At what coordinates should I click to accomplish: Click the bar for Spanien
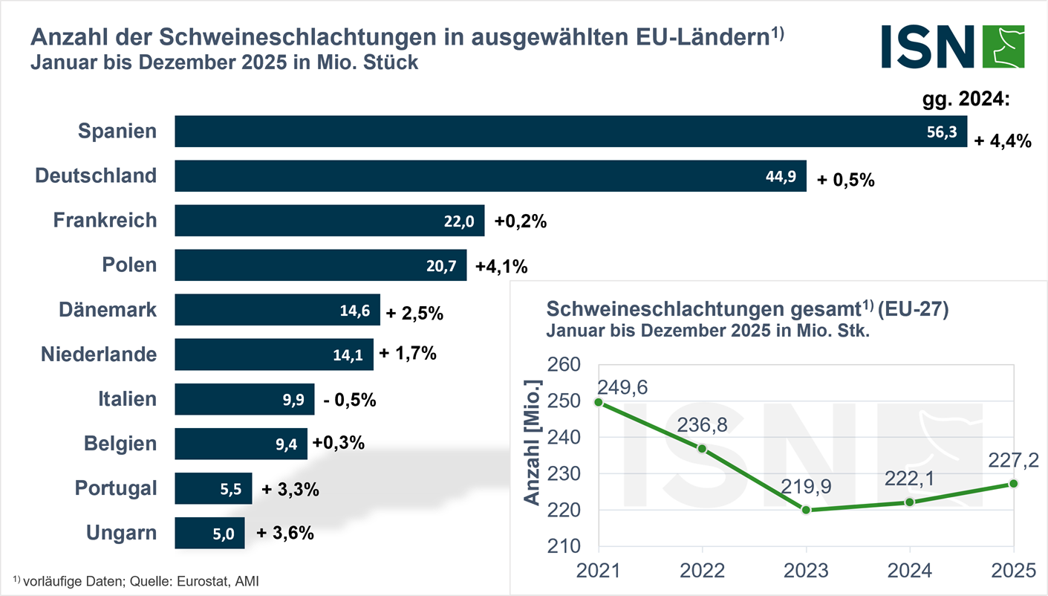point(570,132)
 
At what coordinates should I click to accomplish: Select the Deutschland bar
point(490,176)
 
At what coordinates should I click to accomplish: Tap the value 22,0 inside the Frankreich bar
point(458,221)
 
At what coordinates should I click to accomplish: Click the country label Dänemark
point(108,310)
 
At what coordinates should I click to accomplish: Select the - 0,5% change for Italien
point(350,400)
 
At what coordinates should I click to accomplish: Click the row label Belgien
point(120,444)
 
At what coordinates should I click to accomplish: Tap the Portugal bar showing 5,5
point(213,489)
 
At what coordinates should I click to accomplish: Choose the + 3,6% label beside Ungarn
point(285,533)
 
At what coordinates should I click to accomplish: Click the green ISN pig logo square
point(1003,46)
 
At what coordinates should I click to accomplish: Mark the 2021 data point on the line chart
point(599,402)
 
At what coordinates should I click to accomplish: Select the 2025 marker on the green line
point(1013,484)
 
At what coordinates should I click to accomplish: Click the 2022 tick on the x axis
point(702,570)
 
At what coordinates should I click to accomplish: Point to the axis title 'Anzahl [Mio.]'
point(532,441)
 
